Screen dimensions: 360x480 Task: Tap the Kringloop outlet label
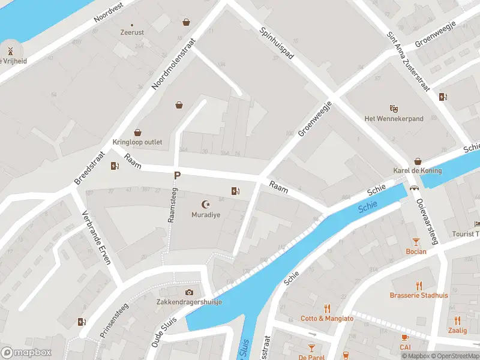(x=137, y=142)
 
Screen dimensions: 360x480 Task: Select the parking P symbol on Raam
(x=177, y=176)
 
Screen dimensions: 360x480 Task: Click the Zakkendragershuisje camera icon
(x=190, y=292)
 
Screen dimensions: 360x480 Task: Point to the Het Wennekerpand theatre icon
(x=394, y=109)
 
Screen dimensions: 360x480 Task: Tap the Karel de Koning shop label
(x=417, y=170)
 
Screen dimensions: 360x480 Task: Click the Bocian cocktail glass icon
(x=416, y=242)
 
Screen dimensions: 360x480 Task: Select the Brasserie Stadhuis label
(x=419, y=295)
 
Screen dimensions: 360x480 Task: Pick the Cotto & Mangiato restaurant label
(x=327, y=318)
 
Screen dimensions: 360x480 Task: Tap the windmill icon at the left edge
(x=10, y=50)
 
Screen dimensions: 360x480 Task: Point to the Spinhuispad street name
(x=277, y=43)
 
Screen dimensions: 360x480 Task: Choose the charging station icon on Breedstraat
(x=115, y=166)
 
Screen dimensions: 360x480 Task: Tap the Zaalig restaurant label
(x=457, y=330)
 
